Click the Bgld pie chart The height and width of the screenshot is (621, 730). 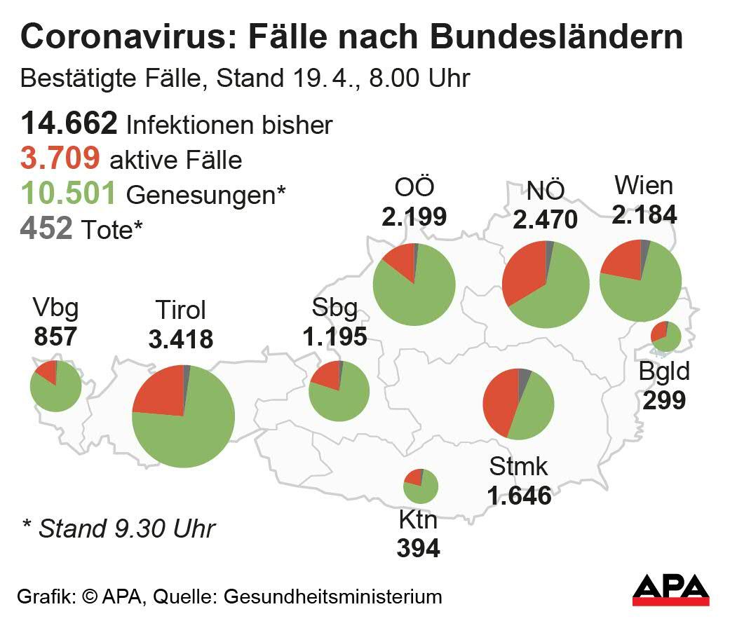pyautogui.click(x=665, y=336)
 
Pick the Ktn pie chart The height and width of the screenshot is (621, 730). pyautogui.click(x=421, y=486)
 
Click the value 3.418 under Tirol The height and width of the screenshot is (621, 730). pyautogui.click(x=180, y=340)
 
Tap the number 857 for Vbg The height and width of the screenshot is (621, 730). pyautogui.click(x=55, y=336)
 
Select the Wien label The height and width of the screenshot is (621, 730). pyautogui.click(x=643, y=186)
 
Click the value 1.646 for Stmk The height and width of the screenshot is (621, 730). pyautogui.click(x=519, y=496)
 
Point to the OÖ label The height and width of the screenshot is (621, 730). pyautogui.click(x=414, y=188)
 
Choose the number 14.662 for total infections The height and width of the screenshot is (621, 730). pyautogui.click(x=69, y=125)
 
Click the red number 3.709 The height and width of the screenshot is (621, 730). pyautogui.click(x=60, y=159)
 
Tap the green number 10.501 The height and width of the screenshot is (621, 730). pyautogui.click(x=68, y=193)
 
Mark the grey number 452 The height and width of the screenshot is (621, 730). pyautogui.click(x=46, y=228)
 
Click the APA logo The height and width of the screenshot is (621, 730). pyautogui.click(x=670, y=589)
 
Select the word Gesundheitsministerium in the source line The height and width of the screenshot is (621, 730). pyautogui.click(x=332, y=596)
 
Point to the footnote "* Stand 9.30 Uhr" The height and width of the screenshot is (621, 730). pyautogui.click(x=116, y=528)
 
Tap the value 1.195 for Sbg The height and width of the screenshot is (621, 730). pyautogui.click(x=334, y=336)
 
